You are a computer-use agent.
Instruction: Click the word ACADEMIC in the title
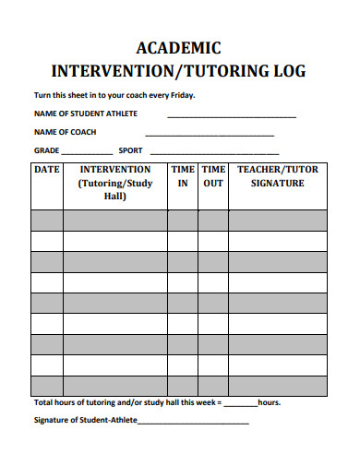tap(178, 47)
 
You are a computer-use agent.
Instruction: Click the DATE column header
tap(47, 171)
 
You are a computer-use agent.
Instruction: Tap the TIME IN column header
tap(183, 176)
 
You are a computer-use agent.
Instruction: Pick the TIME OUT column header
tap(213, 176)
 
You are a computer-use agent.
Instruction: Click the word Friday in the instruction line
tap(181, 95)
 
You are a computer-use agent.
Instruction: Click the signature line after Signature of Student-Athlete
tap(193, 423)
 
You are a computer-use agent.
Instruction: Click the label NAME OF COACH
tap(66, 132)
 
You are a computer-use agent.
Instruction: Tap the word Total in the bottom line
tap(44, 403)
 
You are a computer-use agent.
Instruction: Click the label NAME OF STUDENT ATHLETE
tap(85, 114)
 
